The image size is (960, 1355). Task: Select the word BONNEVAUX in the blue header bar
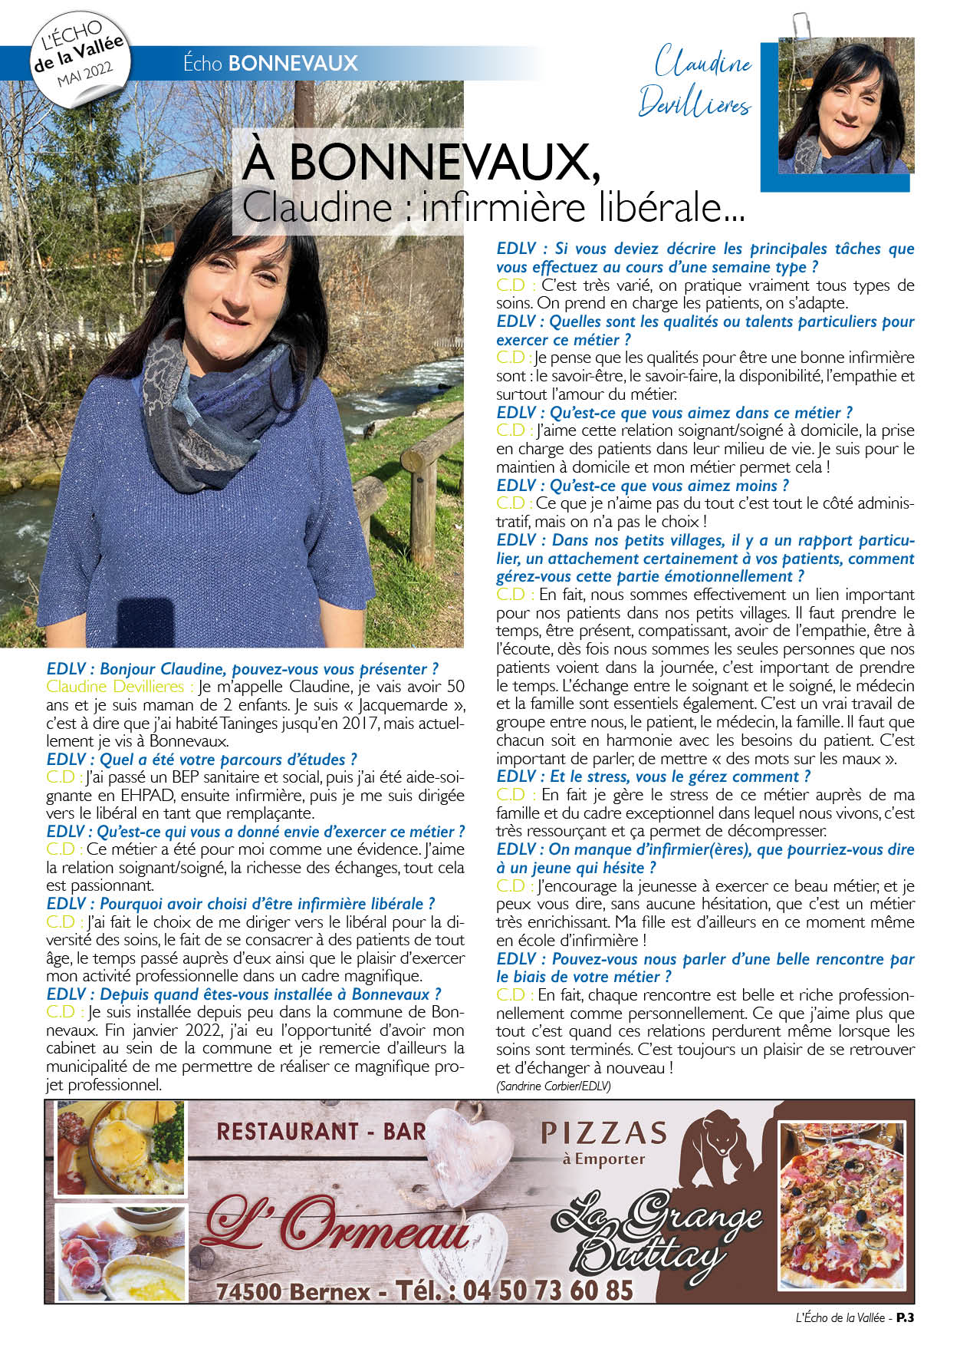tap(293, 63)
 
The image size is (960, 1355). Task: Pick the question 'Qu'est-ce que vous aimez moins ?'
tap(643, 486)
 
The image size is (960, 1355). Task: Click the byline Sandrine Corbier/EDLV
tap(553, 1086)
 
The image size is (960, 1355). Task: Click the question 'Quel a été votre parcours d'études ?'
tap(202, 760)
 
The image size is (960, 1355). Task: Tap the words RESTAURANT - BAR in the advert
tap(321, 1132)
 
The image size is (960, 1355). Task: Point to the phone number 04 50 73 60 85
tap(548, 1291)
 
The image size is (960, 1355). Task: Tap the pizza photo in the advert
tap(841, 1205)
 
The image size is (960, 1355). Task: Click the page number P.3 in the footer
tap(906, 1317)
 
